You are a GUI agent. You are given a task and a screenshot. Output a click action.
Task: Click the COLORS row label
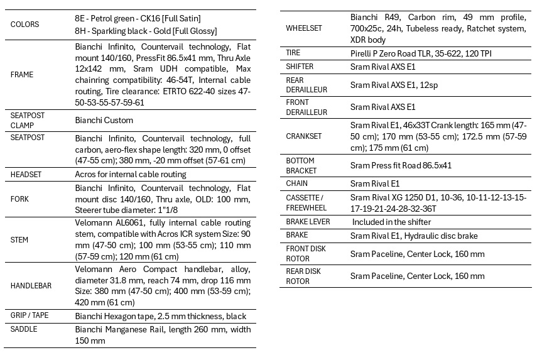point(24,25)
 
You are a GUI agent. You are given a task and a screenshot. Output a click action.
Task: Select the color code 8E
point(80,18)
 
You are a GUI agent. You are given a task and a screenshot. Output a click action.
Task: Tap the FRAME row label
point(22,74)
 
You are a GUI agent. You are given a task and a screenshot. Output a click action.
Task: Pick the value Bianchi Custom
point(104,120)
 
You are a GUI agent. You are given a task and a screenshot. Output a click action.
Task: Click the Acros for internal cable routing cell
point(130,174)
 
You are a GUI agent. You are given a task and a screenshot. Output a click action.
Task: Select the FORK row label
point(19,199)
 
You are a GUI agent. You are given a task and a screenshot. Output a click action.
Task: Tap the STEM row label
point(19,239)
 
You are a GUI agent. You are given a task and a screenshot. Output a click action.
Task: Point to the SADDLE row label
point(24,329)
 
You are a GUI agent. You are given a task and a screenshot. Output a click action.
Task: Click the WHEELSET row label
point(303,28)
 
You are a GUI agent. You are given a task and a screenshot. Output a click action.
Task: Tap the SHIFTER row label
point(300,67)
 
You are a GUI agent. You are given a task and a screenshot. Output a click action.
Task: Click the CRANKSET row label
point(303,136)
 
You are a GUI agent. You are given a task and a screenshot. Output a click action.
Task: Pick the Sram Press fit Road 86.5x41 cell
point(401,166)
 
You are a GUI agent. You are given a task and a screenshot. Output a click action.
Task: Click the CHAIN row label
point(296,183)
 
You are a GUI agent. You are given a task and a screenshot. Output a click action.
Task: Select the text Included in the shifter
point(391,222)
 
